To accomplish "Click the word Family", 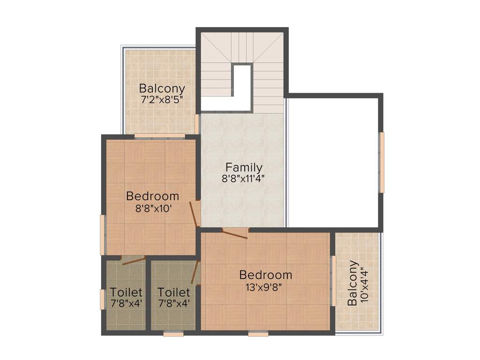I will point(244,167).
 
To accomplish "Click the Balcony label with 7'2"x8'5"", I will point(162,88).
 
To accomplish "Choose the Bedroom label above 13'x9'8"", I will point(265,275).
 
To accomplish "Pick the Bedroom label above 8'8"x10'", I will point(152,196).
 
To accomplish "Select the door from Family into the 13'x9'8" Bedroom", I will point(235,233).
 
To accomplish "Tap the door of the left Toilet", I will point(133,261).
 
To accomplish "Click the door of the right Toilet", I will point(195,273).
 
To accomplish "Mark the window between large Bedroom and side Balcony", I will point(334,281).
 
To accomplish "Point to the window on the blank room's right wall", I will point(382,162).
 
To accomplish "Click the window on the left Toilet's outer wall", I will point(102,299).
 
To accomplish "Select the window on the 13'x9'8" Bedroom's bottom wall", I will point(258,334).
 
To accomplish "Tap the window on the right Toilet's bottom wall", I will point(173,334).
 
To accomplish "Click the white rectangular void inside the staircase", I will point(242,87).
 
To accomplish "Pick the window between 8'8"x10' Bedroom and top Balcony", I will point(159,136).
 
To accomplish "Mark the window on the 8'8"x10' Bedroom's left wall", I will point(103,234).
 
